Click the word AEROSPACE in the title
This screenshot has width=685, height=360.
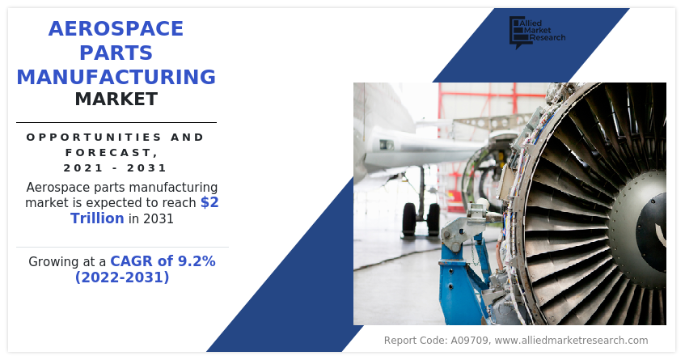[116, 29]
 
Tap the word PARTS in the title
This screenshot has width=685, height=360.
[116, 53]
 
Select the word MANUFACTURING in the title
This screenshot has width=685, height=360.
[116, 78]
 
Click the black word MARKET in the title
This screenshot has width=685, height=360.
[116, 100]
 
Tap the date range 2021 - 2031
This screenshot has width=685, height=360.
[116, 168]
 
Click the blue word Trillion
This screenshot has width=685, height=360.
[97, 218]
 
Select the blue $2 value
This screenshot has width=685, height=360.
[209, 202]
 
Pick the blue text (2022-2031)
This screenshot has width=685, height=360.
[122, 277]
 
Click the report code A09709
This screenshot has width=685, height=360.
[467, 341]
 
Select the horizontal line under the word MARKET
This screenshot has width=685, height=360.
[116, 122]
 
